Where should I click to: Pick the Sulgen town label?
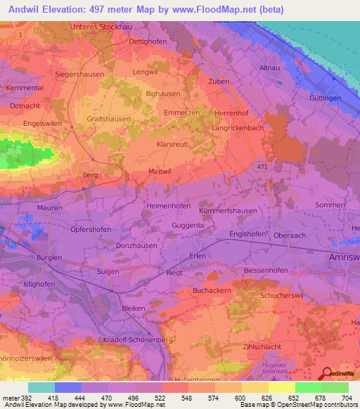coord(108,271)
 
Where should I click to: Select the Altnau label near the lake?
coord(270,67)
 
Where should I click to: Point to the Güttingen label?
coord(325,98)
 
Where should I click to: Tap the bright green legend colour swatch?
coord(308,387)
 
